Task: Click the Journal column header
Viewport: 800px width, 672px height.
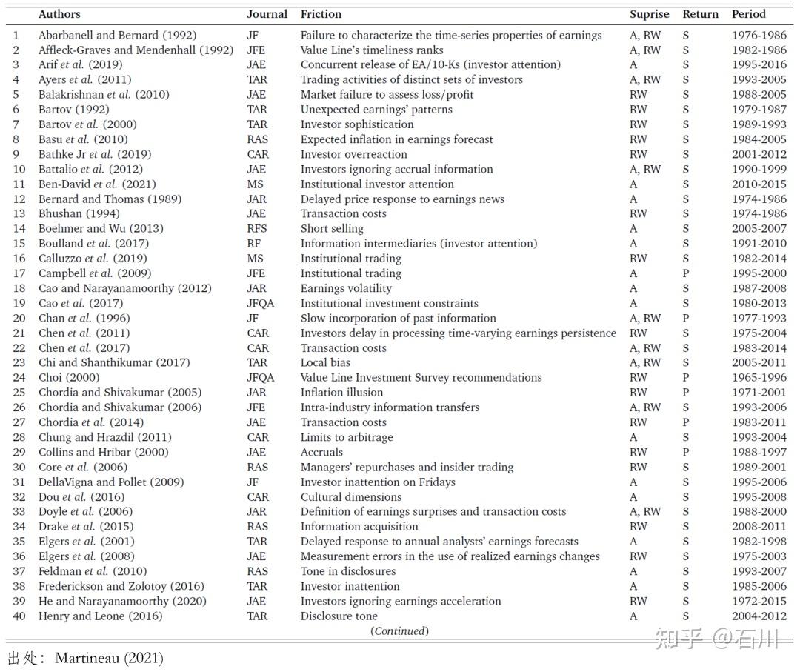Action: pyautogui.click(x=267, y=14)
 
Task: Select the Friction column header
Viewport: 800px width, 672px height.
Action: pyautogui.click(x=321, y=14)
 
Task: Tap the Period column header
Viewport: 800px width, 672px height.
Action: pyautogui.click(x=748, y=14)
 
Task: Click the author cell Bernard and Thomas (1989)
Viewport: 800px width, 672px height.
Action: pyautogui.click(x=110, y=199)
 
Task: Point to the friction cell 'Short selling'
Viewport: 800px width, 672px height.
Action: pyautogui.click(x=332, y=228)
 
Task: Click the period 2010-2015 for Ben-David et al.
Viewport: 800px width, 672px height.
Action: pyautogui.click(x=759, y=184)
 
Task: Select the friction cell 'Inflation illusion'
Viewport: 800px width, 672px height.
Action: pyautogui.click(x=341, y=392)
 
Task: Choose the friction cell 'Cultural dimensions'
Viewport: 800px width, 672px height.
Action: pyautogui.click(x=350, y=496)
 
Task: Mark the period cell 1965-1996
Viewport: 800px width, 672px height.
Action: pyautogui.click(x=759, y=377)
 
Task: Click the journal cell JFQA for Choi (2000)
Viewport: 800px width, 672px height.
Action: pyautogui.click(x=261, y=377)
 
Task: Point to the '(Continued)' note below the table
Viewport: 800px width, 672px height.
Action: pyautogui.click(x=399, y=631)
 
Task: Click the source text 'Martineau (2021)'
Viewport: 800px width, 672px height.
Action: pyautogui.click(x=109, y=658)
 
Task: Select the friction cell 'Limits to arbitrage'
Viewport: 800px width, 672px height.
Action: pyautogui.click(x=347, y=437)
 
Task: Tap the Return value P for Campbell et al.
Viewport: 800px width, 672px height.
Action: pyautogui.click(x=686, y=273)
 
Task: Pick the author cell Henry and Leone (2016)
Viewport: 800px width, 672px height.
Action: pyautogui.click(x=100, y=616)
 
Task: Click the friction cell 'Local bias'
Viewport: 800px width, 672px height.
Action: pyautogui.click(x=325, y=362)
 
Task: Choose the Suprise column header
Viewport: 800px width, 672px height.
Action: pyautogui.click(x=649, y=14)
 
